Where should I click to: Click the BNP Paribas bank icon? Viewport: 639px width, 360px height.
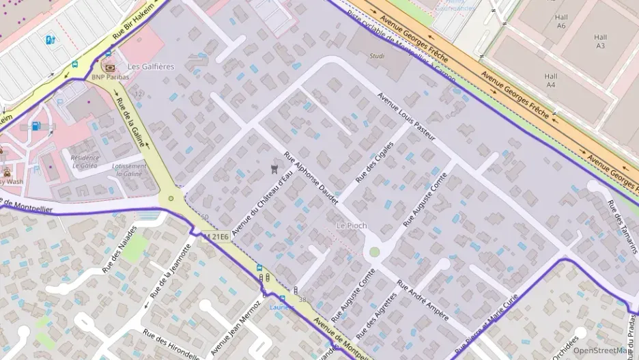108,67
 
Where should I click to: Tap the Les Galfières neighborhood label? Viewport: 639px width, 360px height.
151,67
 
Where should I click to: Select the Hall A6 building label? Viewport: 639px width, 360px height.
561,21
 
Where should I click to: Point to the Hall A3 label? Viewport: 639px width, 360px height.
600,42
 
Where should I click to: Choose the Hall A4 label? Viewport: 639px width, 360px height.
550,81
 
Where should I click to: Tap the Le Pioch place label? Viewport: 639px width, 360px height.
352,225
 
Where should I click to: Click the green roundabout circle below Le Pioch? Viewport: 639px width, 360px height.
374,252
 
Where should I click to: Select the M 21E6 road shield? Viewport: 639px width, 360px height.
216,236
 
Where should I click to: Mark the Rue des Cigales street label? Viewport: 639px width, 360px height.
375,163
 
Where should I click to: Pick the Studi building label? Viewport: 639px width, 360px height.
377,56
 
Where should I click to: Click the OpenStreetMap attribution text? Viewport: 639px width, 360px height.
602,350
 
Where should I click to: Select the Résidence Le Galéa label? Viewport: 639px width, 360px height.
85,161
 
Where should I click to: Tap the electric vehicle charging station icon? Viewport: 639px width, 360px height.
50,40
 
